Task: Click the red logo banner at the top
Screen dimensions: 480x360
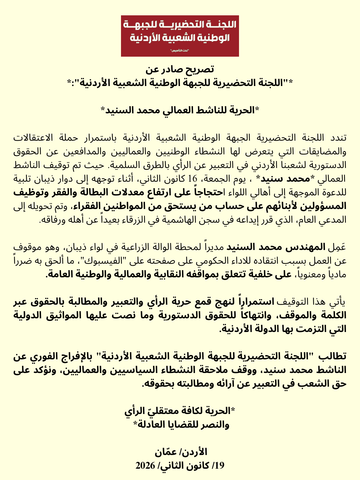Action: tap(180, 36)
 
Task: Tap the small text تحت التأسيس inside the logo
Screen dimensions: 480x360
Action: tap(180, 51)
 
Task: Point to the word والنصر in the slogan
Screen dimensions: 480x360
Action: tap(216, 425)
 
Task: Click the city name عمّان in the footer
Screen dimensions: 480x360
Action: tap(165, 452)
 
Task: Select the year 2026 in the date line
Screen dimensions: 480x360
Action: tap(145, 466)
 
